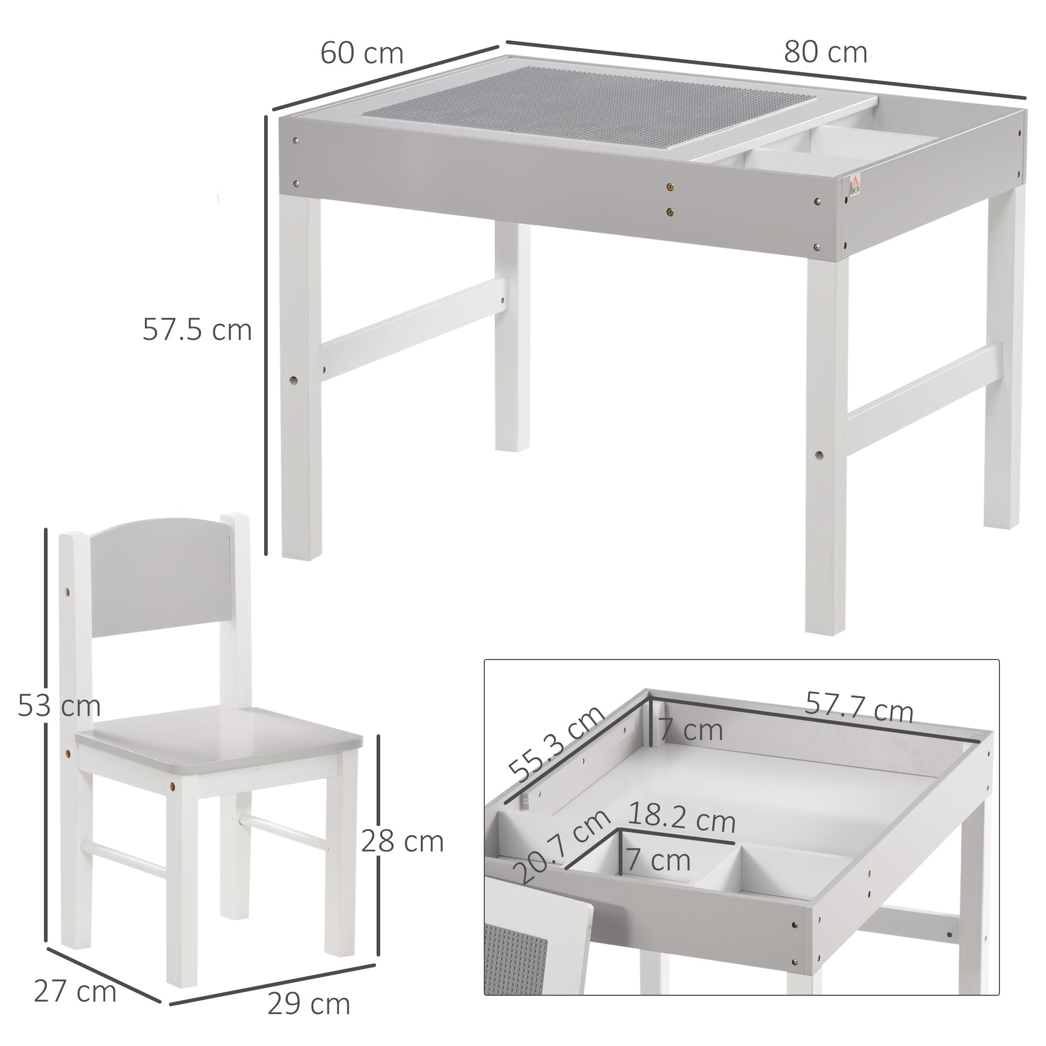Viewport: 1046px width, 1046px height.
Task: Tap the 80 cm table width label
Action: coord(825,53)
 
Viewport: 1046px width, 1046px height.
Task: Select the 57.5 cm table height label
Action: coord(197,329)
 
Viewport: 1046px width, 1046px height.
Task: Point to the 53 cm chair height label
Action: coord(59,706)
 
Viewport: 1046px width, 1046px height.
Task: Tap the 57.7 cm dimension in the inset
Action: coord(859,708)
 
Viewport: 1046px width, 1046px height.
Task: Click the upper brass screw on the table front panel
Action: coord(672,187)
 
